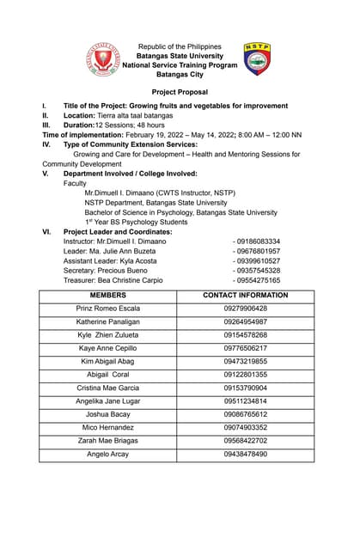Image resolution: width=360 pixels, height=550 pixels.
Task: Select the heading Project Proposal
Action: coord(180,92)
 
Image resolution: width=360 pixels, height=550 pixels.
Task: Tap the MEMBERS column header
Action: coord(107,295)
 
